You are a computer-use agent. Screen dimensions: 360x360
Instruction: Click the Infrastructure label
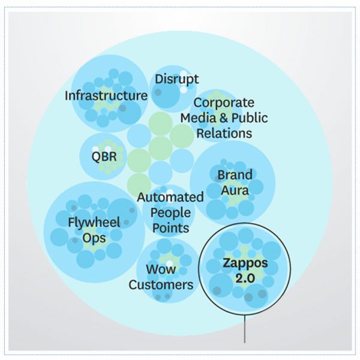(x=106, y=96)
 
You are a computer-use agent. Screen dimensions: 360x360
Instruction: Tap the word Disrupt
(x=177, y=79)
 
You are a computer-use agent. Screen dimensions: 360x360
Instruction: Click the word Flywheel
(x=94, y=223)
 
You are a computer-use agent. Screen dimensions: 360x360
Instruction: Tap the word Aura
(x=233, y=191)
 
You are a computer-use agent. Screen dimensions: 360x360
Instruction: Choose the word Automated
(x=170, y=197)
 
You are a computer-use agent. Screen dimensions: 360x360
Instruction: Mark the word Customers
(x=161, y=284)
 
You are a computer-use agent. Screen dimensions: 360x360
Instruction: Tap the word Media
(x=196, y=118)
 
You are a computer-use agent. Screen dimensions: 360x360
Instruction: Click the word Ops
(x=94, y=238)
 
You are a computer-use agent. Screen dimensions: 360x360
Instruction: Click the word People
(x=170, y=213)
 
